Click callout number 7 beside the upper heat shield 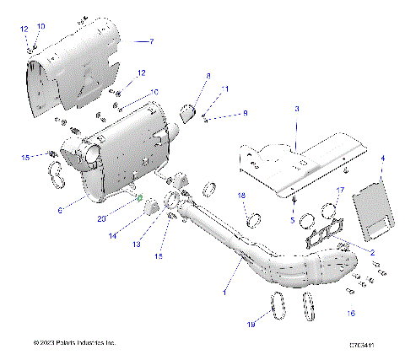pos(152,41)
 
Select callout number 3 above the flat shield pos(296,110)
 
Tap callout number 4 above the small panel pos(382,158)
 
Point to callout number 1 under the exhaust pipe pos(224,292)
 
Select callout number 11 pos(224,89)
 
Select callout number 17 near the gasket pos(341,190)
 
